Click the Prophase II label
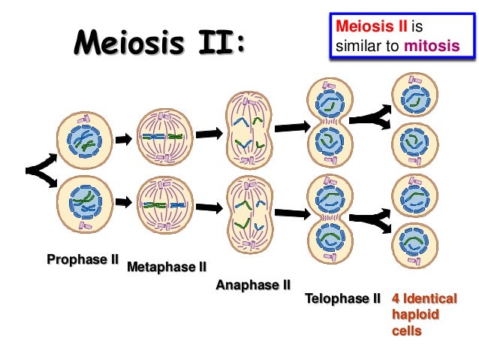click(x=83, y=261)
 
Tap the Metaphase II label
click(x=167, y=267)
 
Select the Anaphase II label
click(x=253, y=285)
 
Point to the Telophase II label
click(x=343, y=299)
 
